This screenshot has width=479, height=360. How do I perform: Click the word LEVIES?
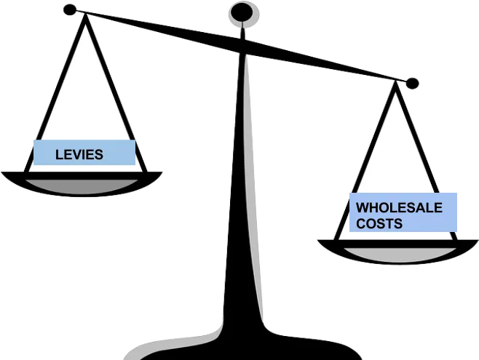click(x=79, y=155)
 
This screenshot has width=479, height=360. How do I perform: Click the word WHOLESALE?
click(x=399, y=208)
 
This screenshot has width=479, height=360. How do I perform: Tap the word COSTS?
click(x=379, y=223)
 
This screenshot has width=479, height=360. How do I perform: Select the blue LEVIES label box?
click(x=84, y=152)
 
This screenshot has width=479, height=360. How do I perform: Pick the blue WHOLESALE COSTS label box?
click(x=403, y=212)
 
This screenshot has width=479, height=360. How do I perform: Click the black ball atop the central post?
click(x=242, y=12)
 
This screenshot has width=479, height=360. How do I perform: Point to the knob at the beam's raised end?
click(x=70, y=9)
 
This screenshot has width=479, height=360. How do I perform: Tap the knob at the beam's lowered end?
click(x=412, y=84)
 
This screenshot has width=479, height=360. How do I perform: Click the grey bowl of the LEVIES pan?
click(x=82, y=186)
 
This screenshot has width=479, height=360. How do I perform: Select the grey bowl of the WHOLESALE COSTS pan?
click(x=400, y=255)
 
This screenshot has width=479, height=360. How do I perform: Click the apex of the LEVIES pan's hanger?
click(x=86, y=15)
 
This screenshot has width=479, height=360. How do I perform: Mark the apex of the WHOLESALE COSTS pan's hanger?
click(x=395, y=83)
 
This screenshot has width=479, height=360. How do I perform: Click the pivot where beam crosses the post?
click(x=242, y=46)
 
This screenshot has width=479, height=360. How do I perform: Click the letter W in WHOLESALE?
click(x=363, y=208)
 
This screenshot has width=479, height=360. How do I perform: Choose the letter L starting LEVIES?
click(x=59, y=155)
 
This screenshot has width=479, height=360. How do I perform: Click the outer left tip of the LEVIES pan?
click(x=2, y=172)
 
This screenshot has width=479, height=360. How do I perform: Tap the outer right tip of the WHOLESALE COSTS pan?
click(x=478, y=241)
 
